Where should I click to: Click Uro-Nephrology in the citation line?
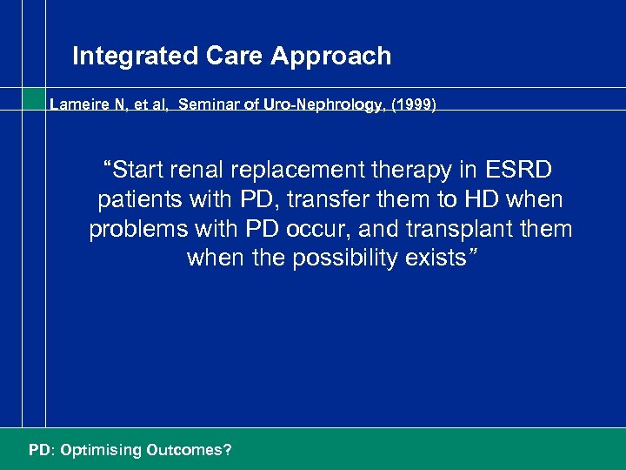coord(319,104)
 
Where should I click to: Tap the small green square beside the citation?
coord(33,98)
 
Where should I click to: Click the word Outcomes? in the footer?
coord(189,450)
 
